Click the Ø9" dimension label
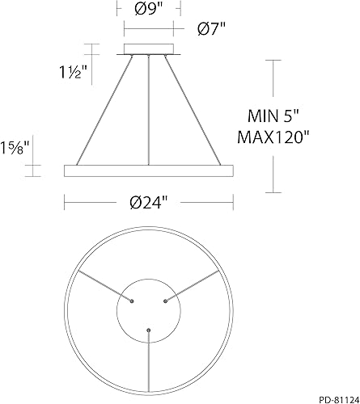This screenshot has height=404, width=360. pos(147,10)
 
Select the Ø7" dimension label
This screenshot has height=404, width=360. pos(211,28)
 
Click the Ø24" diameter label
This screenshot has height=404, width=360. pos(147,203)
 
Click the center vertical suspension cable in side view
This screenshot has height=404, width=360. pos(148,109)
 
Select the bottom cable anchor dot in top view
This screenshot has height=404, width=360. pos(148,330)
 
